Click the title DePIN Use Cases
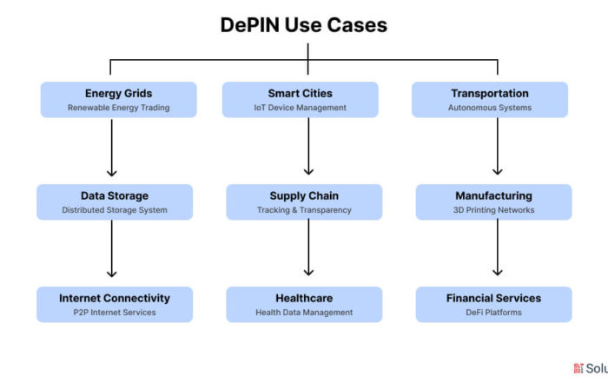[304, 25]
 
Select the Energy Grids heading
[119, 94]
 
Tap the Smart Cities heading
[301, 94]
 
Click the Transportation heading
[490, 94]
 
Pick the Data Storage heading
[115, 195]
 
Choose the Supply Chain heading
[304, 195]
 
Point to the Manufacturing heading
[493, 195]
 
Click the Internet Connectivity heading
[115, 298]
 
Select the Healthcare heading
[304, 298]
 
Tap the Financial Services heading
[493, 298]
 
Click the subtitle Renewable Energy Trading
[119, 108]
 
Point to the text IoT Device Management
[301, 108]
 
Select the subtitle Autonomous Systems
[490, 108]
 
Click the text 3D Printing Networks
[493, 210]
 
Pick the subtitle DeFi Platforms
[493, 313]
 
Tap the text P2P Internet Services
[115, 313]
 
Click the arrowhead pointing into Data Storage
[112, 173]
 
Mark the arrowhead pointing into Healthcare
[308, 272]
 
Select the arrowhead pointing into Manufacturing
[498, 171]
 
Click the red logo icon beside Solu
[578, 368]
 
